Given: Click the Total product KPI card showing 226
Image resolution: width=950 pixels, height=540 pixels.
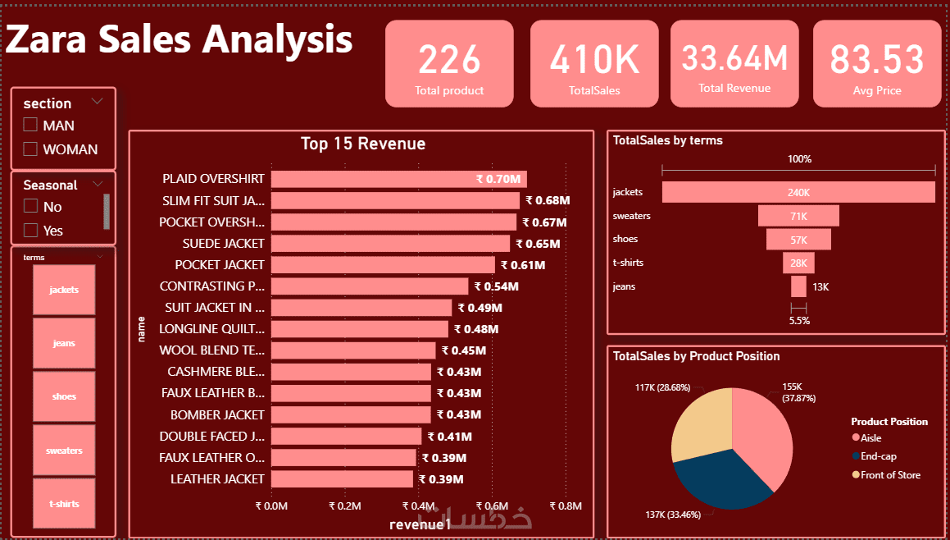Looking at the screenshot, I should [449, 64].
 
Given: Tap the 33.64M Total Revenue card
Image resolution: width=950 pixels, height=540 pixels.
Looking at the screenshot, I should [734, 64].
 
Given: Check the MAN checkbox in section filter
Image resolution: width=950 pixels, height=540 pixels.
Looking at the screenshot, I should [31, 126].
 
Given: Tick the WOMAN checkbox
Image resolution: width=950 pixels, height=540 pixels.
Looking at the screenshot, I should [31, 149].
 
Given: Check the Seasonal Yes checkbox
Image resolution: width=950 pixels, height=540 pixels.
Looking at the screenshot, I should [31, 231].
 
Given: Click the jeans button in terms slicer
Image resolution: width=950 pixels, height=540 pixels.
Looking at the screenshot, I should [64, 343].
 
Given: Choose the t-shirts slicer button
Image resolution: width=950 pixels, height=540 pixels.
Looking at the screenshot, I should [64, 503].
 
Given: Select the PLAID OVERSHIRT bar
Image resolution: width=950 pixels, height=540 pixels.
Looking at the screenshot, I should [398, 179].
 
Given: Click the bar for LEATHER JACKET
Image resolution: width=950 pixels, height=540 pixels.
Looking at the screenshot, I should [342, 479].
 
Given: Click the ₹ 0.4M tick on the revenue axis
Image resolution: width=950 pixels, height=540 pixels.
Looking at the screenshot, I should [419, 506].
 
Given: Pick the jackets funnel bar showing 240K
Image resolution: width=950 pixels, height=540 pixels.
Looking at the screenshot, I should [798, 192].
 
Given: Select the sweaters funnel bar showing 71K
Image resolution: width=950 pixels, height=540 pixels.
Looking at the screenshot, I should [798, 216].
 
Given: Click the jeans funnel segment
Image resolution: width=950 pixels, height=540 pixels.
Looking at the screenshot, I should [798, 286].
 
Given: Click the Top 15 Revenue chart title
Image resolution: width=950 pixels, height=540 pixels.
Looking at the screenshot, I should [363, 144].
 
